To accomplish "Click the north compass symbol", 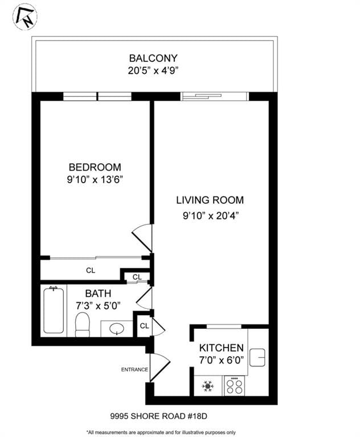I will click(x=24, y=17).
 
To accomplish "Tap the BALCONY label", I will click(x=153, y=58).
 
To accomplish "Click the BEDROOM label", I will click(x=95, y=167).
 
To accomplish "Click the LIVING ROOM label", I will click(x=210, y=200).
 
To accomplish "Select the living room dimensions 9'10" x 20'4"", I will click(x=210, y=216).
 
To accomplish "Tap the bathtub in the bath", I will click(x=54, y=311).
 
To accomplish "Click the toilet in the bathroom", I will click(x=83, y=324).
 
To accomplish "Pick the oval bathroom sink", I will click(x=117, y=329).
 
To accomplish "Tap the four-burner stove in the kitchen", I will click(x=234, y=386).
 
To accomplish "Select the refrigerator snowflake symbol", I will click(x=208, y=386).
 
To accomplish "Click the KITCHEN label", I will click(x=222, y=348).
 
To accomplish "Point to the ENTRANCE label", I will click(x=134, y=370).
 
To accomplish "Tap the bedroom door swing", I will click(x=142, y=238).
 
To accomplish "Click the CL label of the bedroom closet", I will click(x=91, y=271).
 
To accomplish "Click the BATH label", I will click(x=98, y=294).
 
